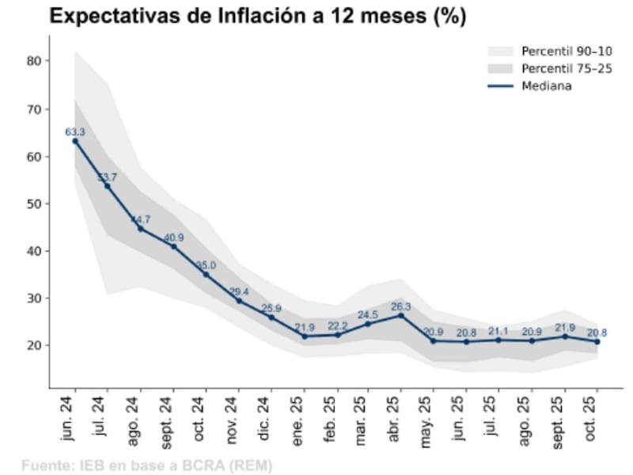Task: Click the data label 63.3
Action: coord(75,131)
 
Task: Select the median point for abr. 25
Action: coord(401,315)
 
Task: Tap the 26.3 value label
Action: coord(401,306)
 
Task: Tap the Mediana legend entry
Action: coord(546,86)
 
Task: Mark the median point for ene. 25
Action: coord(303,336)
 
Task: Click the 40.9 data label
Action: coord(173,237)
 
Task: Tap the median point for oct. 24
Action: coord(206,274)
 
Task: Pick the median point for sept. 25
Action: coord(565,336)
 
